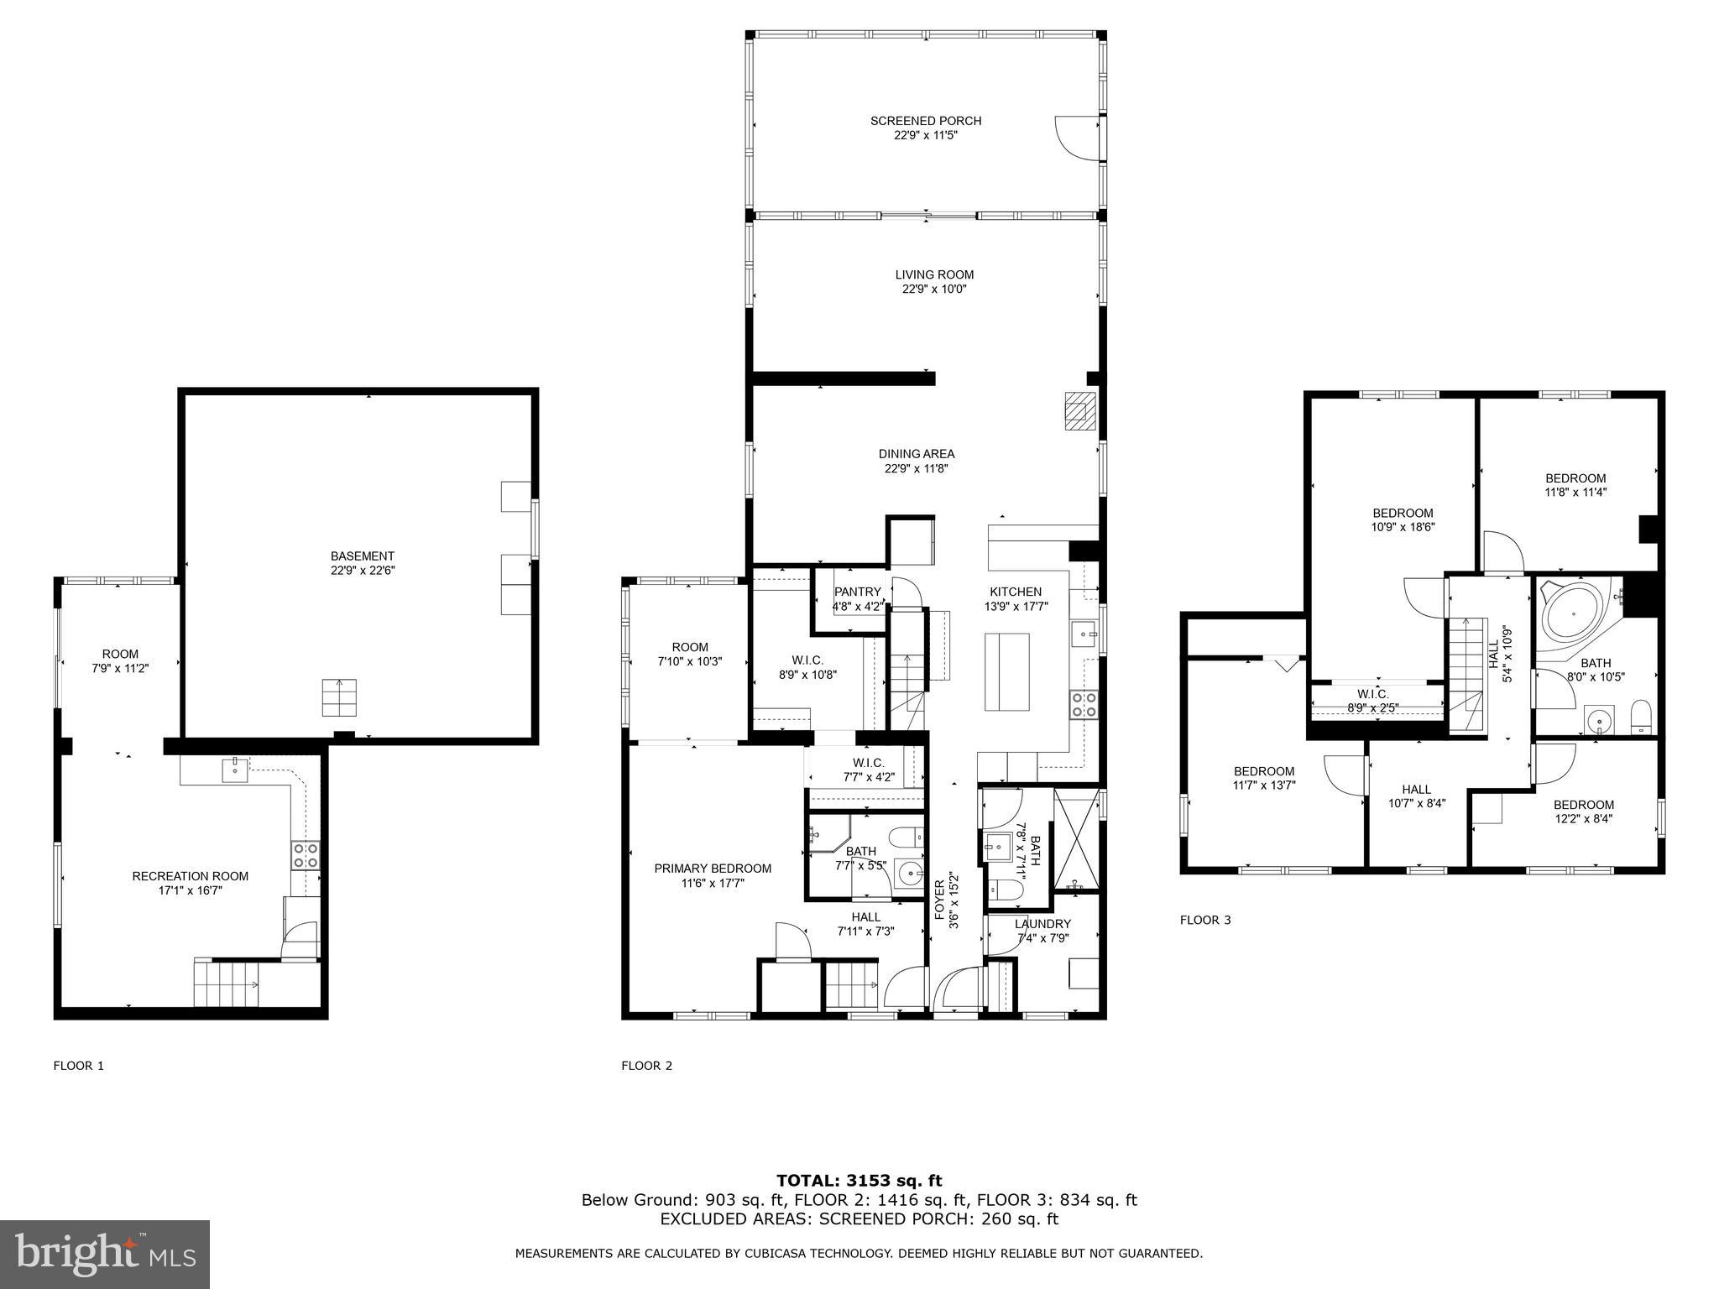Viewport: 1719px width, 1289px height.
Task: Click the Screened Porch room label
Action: click(925, 121)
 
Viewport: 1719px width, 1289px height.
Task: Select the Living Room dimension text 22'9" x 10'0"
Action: click(933, 290)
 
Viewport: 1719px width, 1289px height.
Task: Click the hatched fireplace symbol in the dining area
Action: click(1078, 411)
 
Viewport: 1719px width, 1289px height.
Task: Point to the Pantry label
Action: click(857, 592)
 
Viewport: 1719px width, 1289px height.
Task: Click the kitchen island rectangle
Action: click(1007, 672)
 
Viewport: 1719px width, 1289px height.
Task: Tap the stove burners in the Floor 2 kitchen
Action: click(1084, 704)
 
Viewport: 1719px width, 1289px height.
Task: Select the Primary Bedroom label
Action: click(712, 869)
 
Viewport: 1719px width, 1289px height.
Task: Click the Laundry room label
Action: click(1042, 924)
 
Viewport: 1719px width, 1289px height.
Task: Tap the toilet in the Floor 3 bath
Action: click(1639, 718)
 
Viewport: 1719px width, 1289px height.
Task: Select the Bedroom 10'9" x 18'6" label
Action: click(1403, 514)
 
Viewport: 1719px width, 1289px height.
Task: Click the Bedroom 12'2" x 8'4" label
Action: click(1583, 805)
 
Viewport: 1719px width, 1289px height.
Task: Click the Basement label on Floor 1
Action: click(362, 556)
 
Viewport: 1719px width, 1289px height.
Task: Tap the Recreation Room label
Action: click(190, 876)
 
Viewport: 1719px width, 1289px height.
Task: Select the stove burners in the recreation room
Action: click(306, 855)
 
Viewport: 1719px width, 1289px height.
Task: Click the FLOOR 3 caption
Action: click(1204, 920)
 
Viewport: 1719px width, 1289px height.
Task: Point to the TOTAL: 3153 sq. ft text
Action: click(859, 1181)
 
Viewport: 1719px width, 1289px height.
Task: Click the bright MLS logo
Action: click(105, 1254)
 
